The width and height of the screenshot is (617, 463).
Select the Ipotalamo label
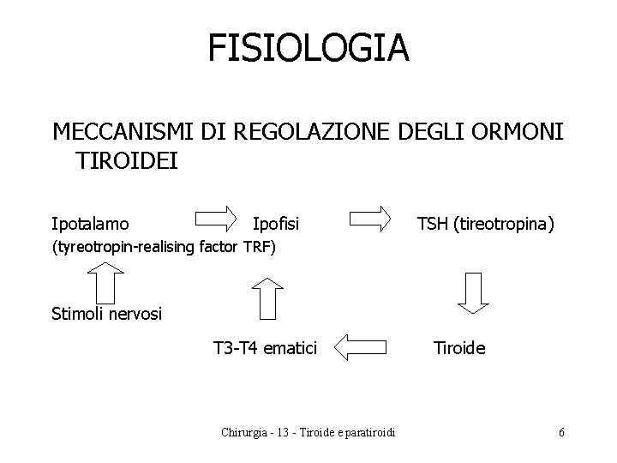91,225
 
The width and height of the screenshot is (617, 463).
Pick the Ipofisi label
276,225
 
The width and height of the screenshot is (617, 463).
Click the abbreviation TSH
435,225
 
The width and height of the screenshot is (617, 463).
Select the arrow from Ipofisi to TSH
371,218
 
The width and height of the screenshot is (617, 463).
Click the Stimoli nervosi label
106,314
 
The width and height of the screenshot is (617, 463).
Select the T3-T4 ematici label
265,348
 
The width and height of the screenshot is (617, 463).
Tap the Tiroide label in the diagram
459,348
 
